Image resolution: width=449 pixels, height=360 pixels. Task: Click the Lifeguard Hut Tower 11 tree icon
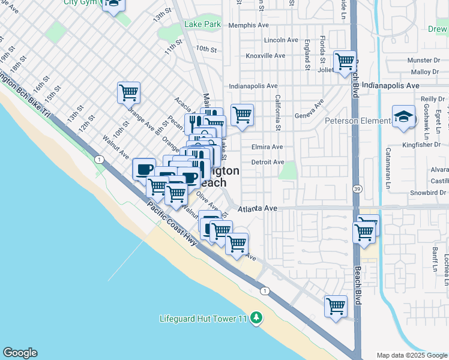tap(256, 317)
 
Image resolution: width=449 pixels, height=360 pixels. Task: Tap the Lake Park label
tap(203, 25)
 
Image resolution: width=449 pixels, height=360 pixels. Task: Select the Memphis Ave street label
tap(249, 25)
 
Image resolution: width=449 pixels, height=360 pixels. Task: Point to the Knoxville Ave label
tap(265, 56)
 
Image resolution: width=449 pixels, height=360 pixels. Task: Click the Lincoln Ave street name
tap(281, 40)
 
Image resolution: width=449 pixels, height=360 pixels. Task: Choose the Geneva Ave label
tap(310, 116)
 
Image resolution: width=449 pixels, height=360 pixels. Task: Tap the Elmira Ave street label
tap(267, 147)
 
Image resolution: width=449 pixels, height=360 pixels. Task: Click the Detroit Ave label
tap(268, 162)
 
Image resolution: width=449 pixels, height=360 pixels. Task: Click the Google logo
tap(20, 353)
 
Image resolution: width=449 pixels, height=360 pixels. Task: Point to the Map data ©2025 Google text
tap(412, 355)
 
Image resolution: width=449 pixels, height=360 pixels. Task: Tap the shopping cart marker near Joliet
tap(345, 61)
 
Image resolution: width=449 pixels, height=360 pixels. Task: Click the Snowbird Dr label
tap(427, 193)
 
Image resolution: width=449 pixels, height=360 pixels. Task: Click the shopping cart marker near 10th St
tap(129, 93)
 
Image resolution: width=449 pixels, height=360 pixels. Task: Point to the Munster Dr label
tap(423, 61)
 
